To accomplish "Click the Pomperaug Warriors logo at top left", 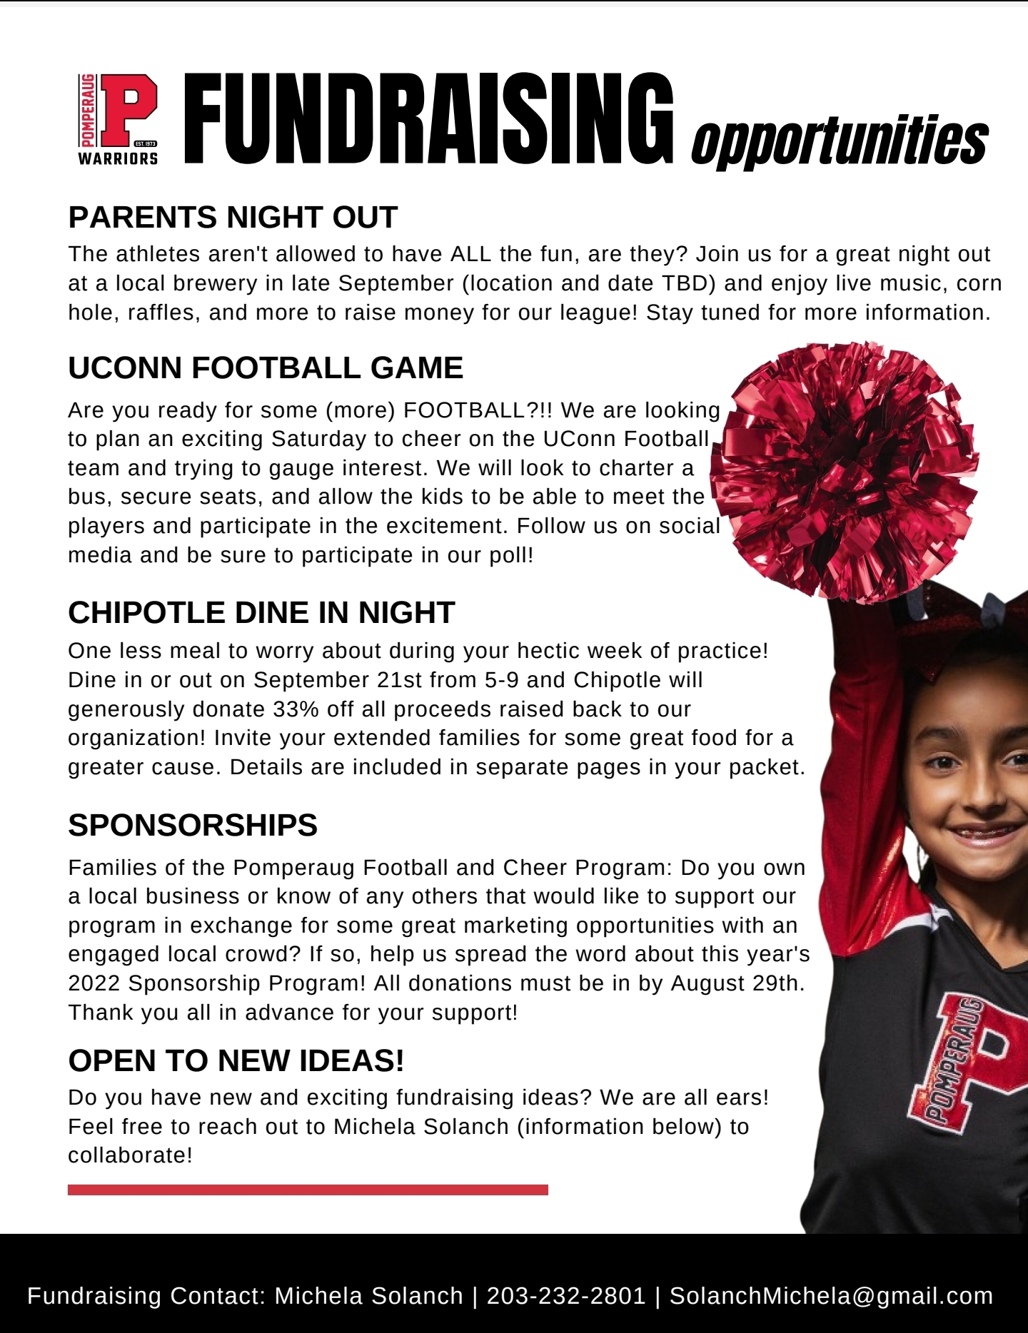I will [x=119, y=119].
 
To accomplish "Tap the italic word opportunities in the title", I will [x=840, y=141].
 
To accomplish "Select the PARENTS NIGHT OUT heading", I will [x=233, y=217].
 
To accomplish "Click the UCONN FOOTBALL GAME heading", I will [x=266, y=368].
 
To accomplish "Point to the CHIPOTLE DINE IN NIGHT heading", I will [x=261, y=612].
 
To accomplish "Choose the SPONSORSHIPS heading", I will [x=193, y=825].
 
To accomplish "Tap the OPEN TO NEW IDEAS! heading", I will [x=236, y=1060].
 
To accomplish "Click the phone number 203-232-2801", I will [x=566, y=1295].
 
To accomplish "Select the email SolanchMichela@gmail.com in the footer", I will [x=831, y=1295].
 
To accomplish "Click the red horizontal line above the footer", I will [x=308, y=1190].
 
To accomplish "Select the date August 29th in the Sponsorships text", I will [x=737, y=983].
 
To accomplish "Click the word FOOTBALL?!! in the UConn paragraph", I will [x=478, y=410].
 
